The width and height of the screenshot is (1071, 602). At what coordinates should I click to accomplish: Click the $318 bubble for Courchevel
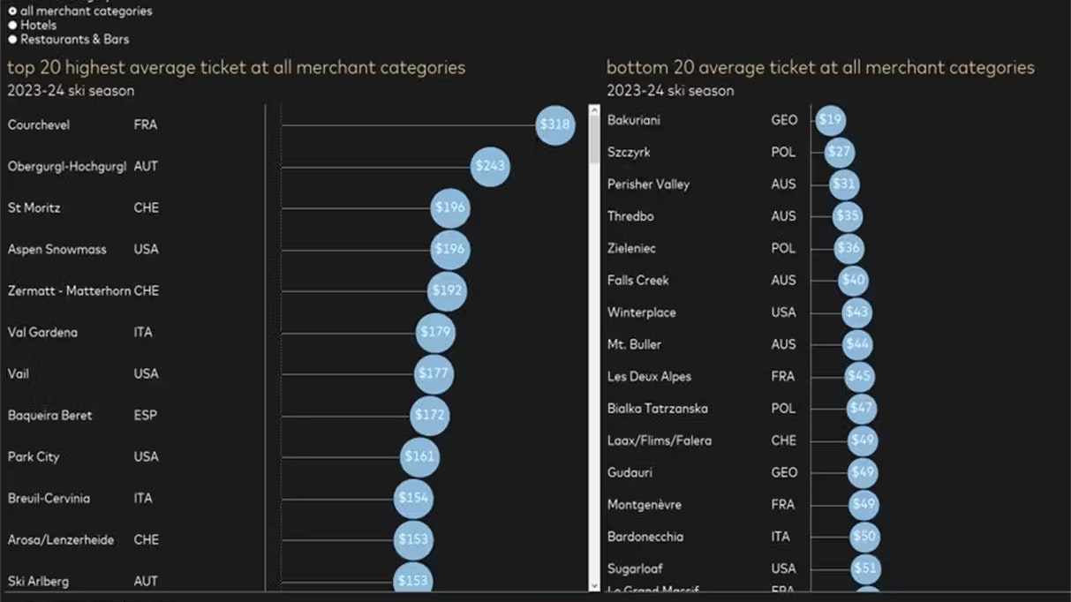coord(555,125)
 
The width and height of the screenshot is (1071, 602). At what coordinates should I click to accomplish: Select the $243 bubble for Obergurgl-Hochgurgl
coord(490,167)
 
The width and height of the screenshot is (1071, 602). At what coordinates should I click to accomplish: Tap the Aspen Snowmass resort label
coord(57,250)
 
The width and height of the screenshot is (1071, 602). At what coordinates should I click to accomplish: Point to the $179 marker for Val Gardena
coord(435,333)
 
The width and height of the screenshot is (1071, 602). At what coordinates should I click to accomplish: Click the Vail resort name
coord(19,374)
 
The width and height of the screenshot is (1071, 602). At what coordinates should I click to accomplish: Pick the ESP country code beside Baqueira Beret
coord(146,416)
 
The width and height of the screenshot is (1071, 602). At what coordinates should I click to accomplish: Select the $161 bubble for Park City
coord(419,457)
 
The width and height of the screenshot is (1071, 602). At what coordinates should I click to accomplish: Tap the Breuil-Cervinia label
coord(49,499)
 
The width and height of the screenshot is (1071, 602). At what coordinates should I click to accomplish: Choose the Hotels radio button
coord(13,26)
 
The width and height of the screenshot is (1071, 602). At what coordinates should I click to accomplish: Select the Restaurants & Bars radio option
coord(13,40)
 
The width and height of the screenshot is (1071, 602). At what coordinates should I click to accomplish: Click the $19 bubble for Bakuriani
coord(830,120)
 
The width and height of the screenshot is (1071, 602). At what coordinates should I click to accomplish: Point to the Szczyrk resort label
coord(629,153)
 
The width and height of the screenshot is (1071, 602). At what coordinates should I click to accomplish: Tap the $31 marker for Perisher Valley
coord(844,184)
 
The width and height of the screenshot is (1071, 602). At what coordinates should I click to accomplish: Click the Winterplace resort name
coord(641,312)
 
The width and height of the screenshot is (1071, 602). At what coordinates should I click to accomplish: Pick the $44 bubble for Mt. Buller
coord(857,345)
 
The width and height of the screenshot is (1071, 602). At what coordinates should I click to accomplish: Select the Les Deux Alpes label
coord(649,377)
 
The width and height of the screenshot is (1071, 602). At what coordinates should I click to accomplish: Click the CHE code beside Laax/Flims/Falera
coord(783,440)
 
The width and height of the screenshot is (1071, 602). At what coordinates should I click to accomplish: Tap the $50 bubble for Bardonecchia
coord(864,537)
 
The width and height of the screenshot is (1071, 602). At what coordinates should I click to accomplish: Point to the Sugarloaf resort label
coord(635,568)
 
